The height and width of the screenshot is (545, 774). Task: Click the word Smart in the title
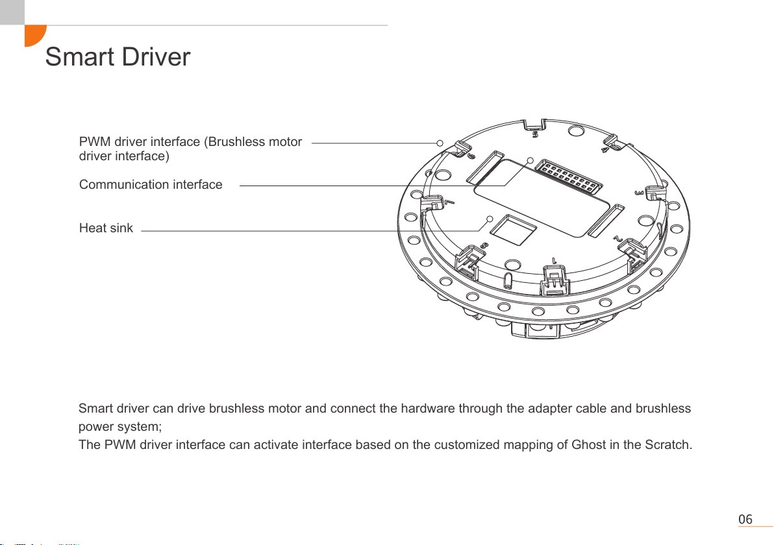pyautogui.click(x=79, y=56)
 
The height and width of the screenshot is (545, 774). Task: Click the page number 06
pyautogui.click(x=745, y=519)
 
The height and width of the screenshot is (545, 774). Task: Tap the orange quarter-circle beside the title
pyautogui.click(x=34, y=35)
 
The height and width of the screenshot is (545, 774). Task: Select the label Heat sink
pyautogui.click(x=106, y=228)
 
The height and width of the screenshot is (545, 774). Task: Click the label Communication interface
pyautogui.click(x=151, y=184)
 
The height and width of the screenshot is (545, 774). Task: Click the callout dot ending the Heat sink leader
pyautogui.click(x=490, y=219)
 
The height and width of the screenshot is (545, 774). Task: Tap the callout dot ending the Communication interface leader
pyautogui.click(x=530, y=160)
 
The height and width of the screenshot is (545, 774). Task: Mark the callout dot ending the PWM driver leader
pyautogui.click(x=440, y=143)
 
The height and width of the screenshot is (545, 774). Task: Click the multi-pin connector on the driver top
pyautogui.click(x=569, y=176)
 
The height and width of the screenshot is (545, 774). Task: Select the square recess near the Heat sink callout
pyautogui.click(x=514, y=230)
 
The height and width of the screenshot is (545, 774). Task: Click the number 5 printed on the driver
pyautogui.click(x=535, y=134)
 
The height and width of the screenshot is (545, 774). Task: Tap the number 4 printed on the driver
pyautogui.click(x=605, y=149)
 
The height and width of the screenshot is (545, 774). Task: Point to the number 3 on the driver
pyautogui.click(x=639, y=193)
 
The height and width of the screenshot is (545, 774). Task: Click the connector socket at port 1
pyautogui.click(x=555, y=281)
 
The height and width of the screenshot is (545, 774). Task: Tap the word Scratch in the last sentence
pyautogui.click(x=668, y=445)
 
